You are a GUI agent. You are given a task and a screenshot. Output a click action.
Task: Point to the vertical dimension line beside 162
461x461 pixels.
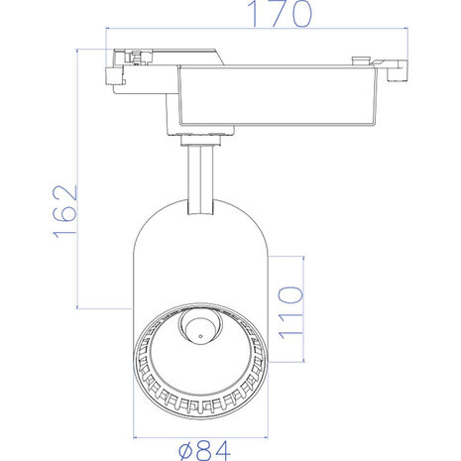click(x=79, y=178)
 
